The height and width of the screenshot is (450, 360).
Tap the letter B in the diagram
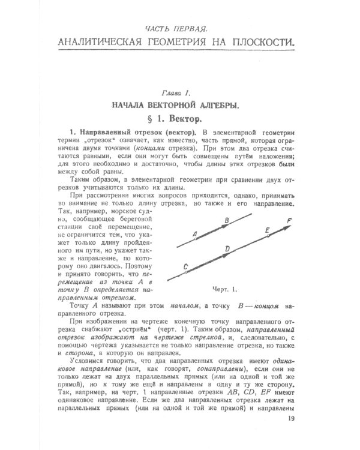click(226, 221)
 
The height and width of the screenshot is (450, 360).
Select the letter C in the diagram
click(185, 266)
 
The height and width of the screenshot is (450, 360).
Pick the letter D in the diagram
click(226, 248)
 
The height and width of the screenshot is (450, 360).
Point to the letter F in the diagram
click(289, 220)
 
